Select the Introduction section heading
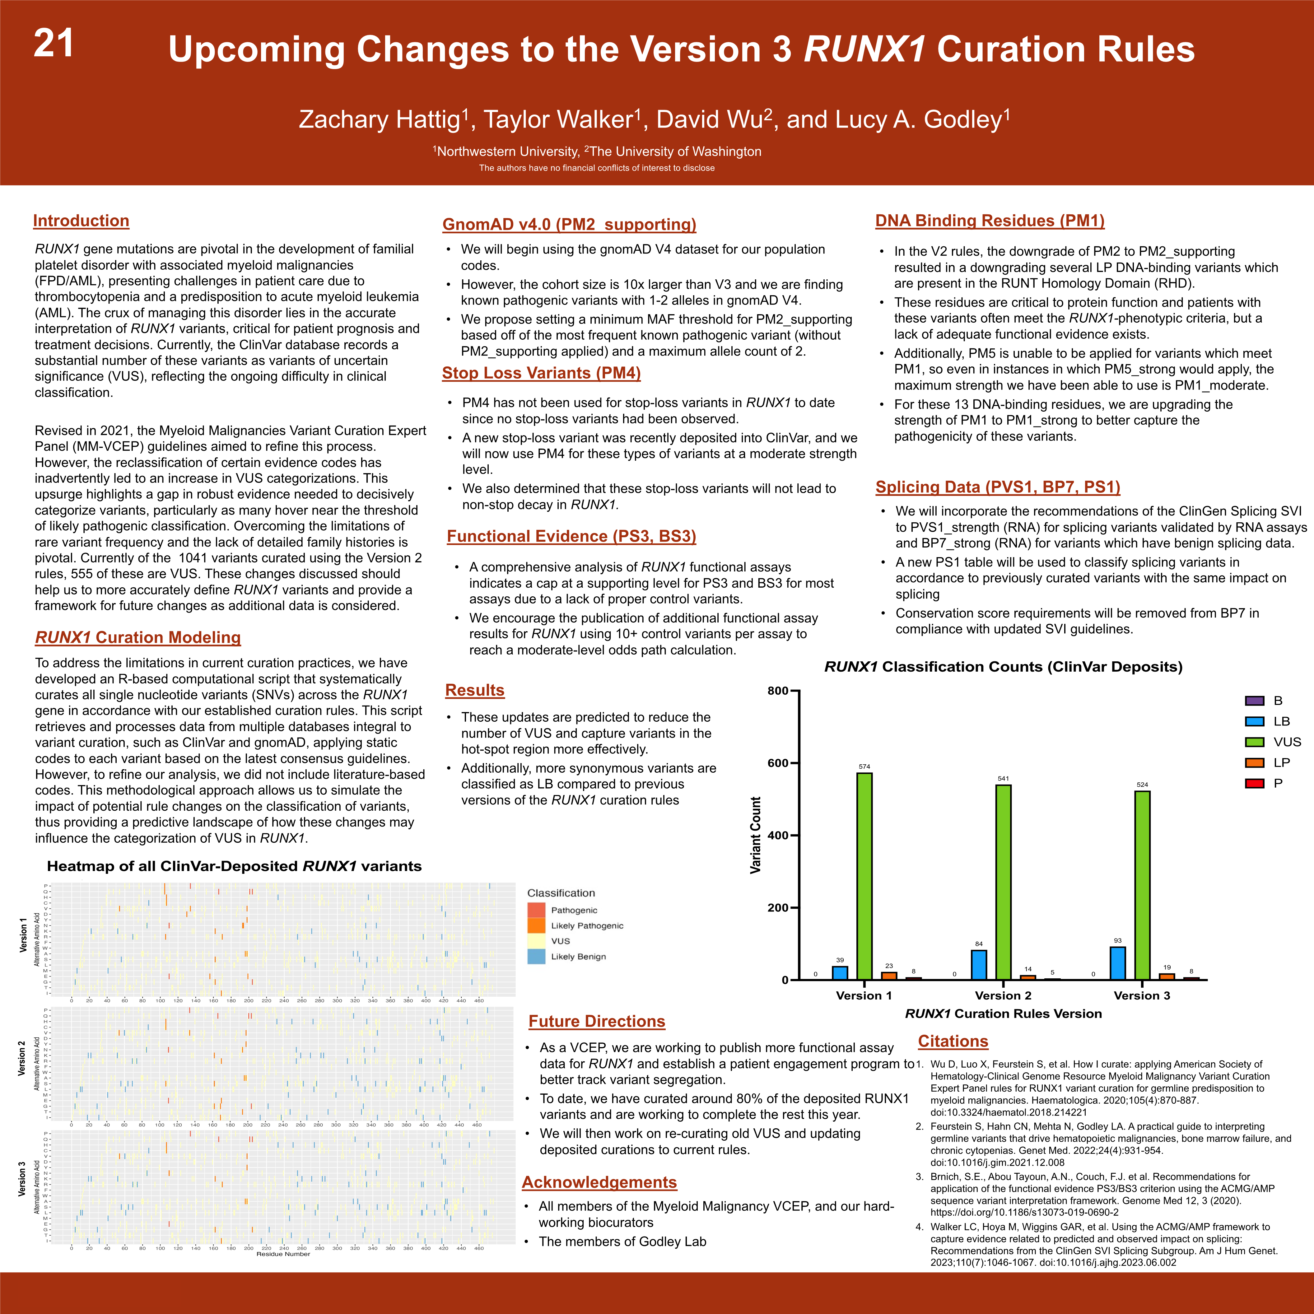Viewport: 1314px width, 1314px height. click(81, 221)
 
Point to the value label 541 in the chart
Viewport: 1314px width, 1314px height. click(1003, 778)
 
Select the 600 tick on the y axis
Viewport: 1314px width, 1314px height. click(777, 763)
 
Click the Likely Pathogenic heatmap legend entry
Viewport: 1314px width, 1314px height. click(586, 926)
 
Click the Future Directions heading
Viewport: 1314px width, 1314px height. click(596, 1022)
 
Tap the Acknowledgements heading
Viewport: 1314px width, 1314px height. click(599, 1182)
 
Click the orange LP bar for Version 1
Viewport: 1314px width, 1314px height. click(889, 975)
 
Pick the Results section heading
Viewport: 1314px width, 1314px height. click(475, 690)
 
